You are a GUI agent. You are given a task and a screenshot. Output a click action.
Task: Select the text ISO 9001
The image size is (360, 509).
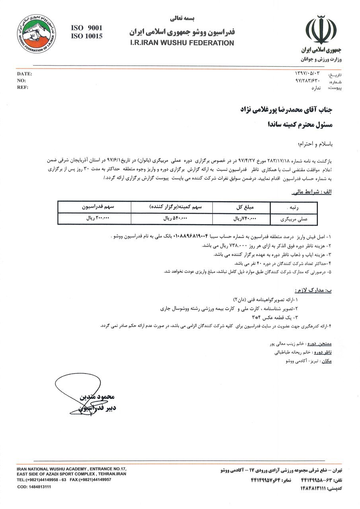coord(86,28)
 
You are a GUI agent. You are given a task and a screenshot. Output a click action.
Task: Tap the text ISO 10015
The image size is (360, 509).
coord(86,36)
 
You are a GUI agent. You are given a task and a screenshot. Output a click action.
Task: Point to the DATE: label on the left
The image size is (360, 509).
coord(24,74)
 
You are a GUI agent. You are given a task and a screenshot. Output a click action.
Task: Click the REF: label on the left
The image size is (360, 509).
coord(23,87)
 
